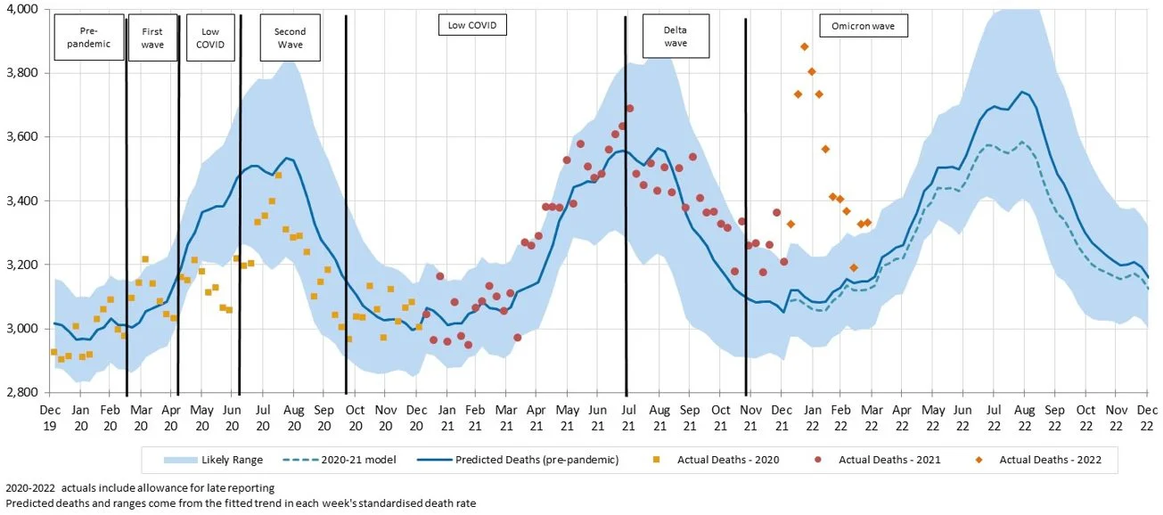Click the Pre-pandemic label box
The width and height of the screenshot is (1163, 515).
click(89, 37)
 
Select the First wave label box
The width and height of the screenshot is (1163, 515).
click(152, 37)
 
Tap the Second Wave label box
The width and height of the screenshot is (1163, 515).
click(290, 37)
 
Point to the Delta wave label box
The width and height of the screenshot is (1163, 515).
click(676, 37)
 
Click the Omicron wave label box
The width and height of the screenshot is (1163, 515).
click(864, 27)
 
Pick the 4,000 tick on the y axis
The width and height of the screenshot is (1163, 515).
click(21, 9)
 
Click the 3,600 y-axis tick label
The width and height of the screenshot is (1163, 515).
click(21, 136)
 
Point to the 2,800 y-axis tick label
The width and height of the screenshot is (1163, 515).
click(21, 393)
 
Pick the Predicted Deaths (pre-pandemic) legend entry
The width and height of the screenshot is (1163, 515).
click(526, 460)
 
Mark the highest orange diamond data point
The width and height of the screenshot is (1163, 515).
click(805, 46)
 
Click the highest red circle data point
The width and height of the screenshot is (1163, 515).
click(629, 109)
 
